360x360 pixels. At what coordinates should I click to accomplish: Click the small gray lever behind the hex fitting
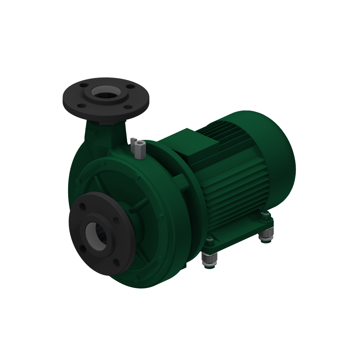pyautogui.click(x=133, y=140)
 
